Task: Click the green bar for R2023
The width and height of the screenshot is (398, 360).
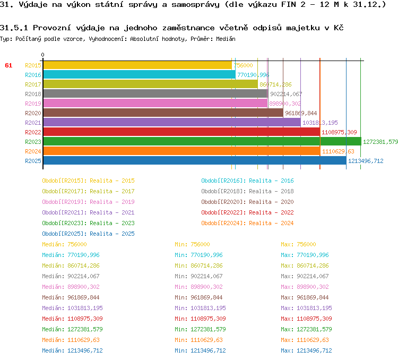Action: tap(202, 141)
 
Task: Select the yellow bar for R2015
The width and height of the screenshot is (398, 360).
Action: tap(137, 65)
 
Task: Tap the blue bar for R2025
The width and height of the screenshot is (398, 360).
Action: tap(194, 160)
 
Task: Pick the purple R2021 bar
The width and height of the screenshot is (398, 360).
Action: tap(171, 122)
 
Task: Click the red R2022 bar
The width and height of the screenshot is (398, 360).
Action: tap(181, 132)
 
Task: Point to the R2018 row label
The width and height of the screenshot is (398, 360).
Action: tap(33, 94)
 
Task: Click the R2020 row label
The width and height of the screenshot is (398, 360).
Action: tap(33, 113)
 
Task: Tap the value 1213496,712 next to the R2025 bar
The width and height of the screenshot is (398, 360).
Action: tap(366, 161)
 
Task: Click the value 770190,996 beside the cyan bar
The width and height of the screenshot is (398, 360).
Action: tap(253, 75)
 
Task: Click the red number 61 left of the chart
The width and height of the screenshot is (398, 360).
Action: tap(8, 65)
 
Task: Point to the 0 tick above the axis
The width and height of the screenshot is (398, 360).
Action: tap(43, 55)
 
